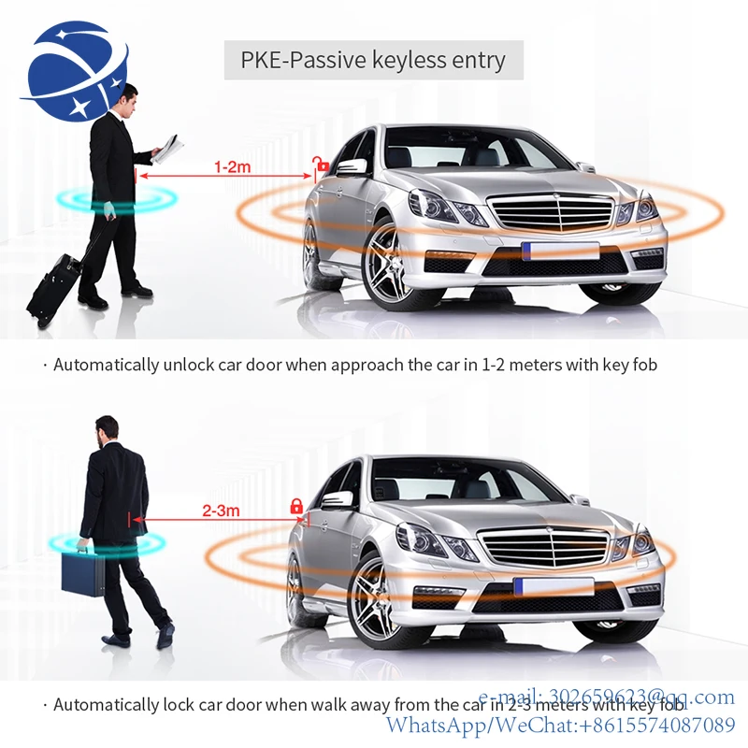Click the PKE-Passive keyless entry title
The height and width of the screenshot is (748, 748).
[x=373, y=62]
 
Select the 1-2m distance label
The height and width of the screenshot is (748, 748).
[x=232, y=167]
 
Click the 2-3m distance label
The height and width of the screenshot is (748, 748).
[x=221, y=511]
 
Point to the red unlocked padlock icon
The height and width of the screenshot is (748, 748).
[x=323, y=165]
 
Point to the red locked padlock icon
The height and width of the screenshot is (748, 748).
[x=296, y=506]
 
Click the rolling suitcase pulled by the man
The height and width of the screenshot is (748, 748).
[x=52, y=286]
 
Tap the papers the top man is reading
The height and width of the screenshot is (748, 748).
[x=168, y=147]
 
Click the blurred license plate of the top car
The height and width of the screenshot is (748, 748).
[x=560, y=251]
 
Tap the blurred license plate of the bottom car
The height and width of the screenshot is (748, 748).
[x=554, y=586]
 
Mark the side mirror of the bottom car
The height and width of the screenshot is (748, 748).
[x=337, y=499]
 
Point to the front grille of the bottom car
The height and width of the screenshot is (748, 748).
[x=543, y=546]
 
